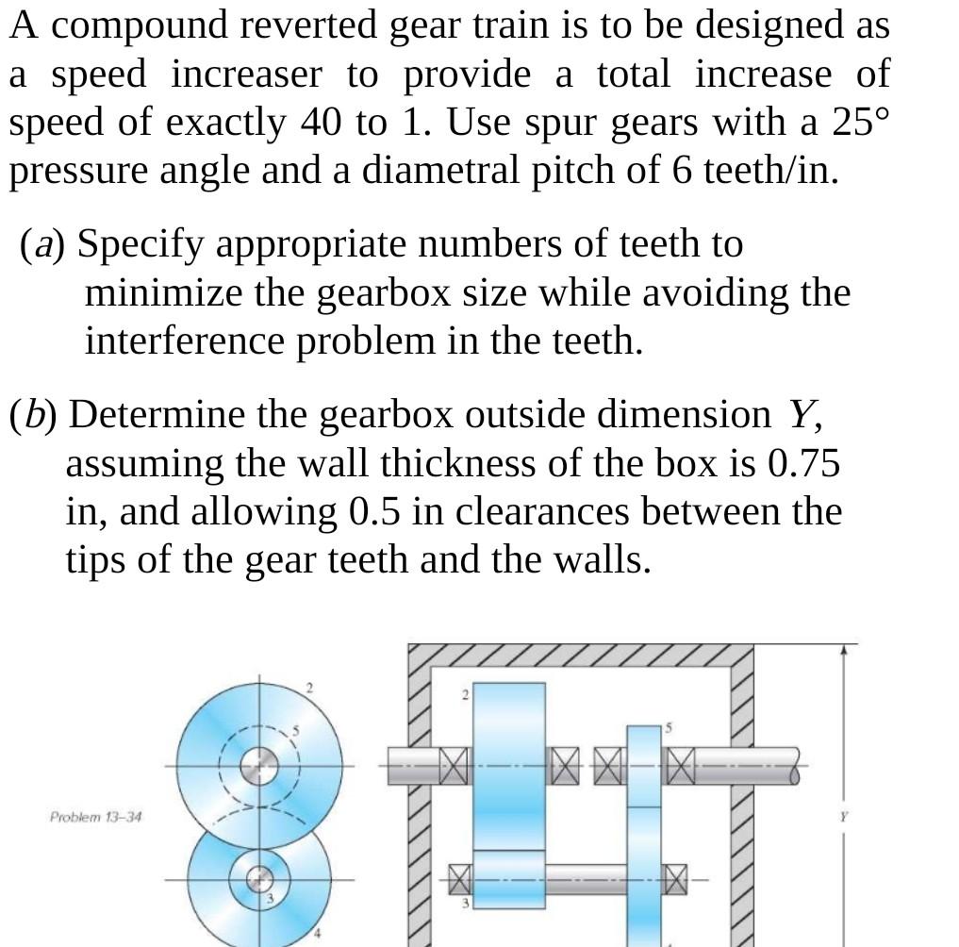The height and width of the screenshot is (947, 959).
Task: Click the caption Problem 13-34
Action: [x=95, y=817]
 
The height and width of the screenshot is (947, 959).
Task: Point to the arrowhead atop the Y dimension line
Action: [x=843, y=650]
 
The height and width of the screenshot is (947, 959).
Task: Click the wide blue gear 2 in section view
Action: [x=508, y=764]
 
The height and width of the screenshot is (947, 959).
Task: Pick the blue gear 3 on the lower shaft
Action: [x=508, y=878]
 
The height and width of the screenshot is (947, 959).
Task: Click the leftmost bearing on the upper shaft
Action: [x=454, y=766]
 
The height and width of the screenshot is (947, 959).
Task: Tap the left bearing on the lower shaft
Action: [x=459, y=879]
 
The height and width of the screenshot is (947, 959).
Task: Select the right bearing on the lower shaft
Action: [x=673, y=879]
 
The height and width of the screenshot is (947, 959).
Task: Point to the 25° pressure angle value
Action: [x=860, y=123]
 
